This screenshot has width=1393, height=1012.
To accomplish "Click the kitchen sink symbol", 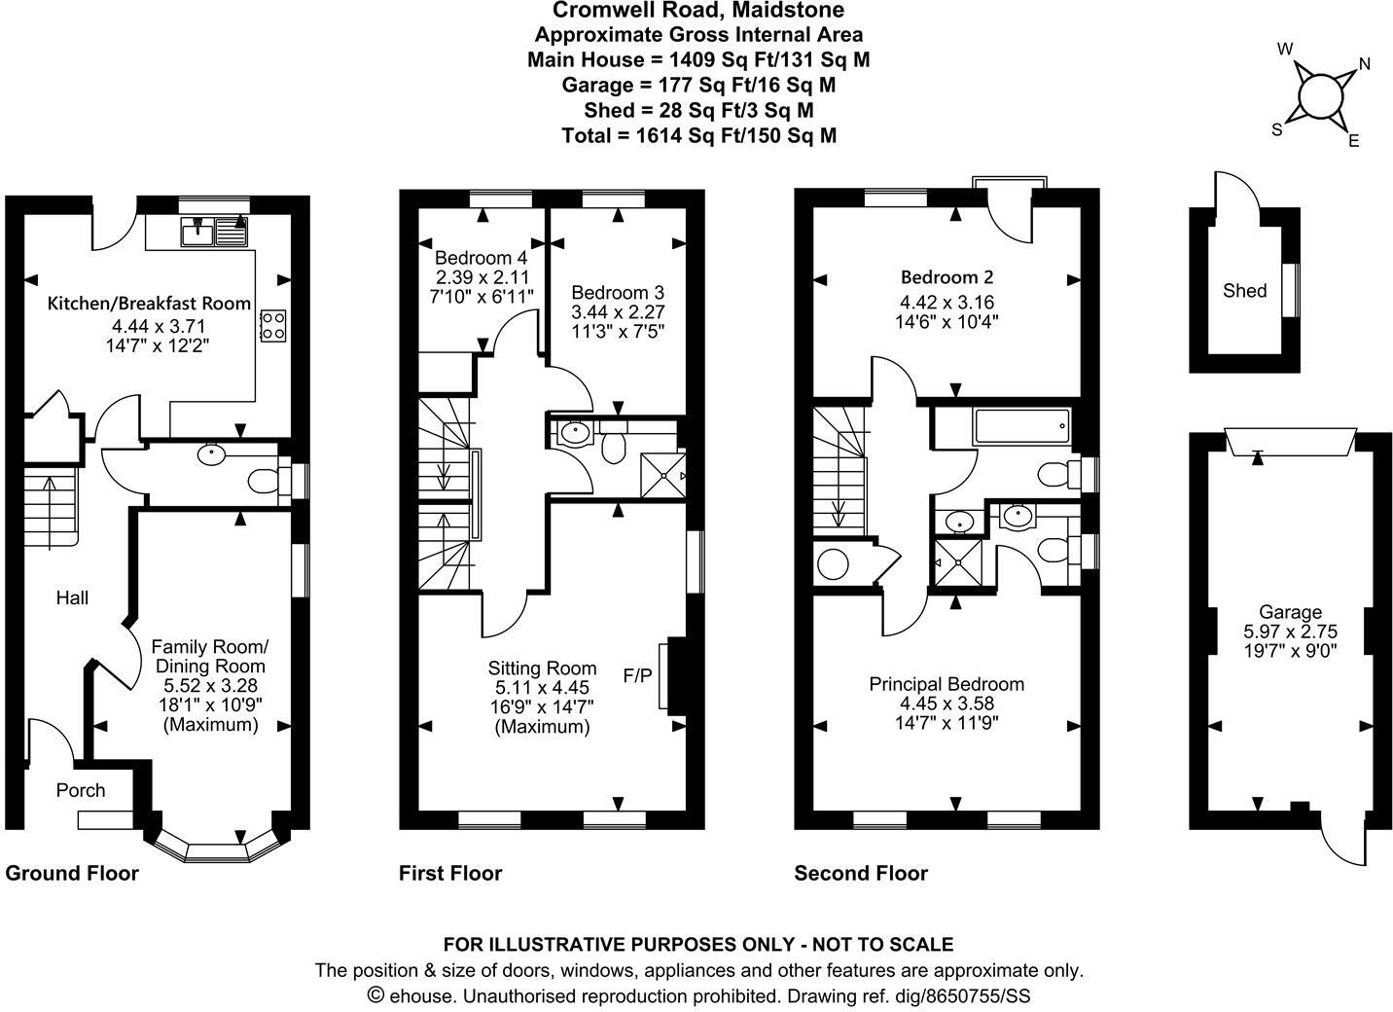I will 215,232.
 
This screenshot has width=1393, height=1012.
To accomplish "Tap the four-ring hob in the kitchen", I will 273,325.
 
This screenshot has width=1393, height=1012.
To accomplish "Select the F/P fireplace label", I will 637,674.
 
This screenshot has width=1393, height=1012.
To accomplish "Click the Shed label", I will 1244,290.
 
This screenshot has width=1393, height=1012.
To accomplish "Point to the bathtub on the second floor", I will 1022,426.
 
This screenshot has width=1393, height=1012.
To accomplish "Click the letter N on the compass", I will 1364,64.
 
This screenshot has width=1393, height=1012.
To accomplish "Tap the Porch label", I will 80,790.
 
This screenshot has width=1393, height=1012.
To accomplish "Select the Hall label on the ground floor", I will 72,597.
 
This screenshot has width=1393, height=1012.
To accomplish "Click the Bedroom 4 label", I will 481,258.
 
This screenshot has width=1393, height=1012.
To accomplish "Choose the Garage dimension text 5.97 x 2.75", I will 1290,631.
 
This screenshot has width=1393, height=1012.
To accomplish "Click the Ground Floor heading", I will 72,873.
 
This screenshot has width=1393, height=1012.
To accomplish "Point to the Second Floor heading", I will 861,873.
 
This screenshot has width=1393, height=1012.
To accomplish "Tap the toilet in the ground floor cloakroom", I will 264,481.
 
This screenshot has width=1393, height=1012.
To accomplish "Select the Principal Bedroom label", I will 946,684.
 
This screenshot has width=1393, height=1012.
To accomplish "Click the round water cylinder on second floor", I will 834,564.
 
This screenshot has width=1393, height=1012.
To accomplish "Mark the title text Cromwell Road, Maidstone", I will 697,11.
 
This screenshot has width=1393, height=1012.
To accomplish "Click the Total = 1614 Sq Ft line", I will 697,135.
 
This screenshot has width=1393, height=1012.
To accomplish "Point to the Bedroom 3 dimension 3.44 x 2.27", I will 618,312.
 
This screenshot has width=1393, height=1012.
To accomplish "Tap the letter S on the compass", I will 1277,129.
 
